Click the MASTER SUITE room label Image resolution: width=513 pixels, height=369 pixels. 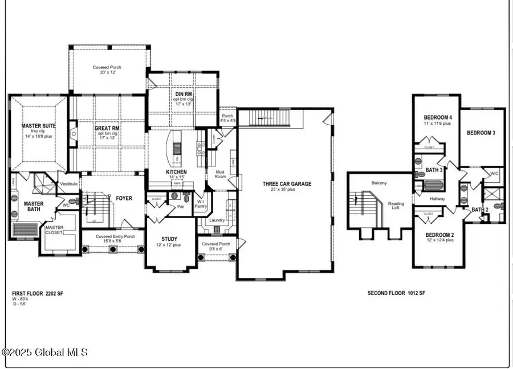(x=38, y=125)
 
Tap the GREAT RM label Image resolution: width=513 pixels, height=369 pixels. (x=106, y=128)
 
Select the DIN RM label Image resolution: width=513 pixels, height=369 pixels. (x=183, y=94)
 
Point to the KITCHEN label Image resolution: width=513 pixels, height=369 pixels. (x=176, y=171)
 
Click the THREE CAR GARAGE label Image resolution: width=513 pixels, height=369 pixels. (x=287, y=184)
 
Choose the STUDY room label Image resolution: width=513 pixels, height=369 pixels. (x=169, y=239)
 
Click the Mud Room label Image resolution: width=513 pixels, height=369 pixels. (x=220, y=174)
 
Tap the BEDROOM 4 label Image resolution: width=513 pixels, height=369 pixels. (x=438, y=118)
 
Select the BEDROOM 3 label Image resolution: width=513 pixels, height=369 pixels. (x=481, y=133)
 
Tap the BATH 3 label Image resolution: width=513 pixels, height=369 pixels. (x=434, y=170)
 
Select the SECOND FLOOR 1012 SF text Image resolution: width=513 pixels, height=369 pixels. (x=396, y=293)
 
